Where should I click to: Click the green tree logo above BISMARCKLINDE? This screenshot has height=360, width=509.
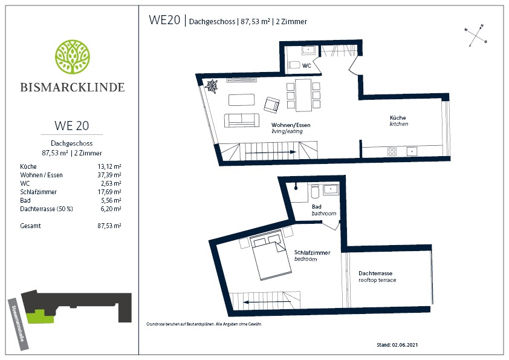[73, 57]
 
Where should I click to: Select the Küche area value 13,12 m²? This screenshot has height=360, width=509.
[109, 166]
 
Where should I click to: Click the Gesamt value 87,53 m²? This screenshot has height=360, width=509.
[109, 226]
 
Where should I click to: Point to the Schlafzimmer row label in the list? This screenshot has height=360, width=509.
[38, 192]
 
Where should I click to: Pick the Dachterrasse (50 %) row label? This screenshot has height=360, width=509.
[47, 209]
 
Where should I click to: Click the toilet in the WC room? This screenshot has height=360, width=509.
[294, 65]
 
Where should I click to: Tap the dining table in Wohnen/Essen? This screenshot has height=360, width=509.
[303, 95]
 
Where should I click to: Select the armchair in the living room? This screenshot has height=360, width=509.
[271, 105]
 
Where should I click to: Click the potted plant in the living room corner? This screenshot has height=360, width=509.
[212, 87]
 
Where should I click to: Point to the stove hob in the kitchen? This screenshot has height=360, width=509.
[392, 152]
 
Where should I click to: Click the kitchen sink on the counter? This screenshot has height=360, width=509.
[412, 151]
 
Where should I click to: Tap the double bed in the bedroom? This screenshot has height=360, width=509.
[270, 255]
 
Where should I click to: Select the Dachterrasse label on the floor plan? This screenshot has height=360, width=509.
[375, 273]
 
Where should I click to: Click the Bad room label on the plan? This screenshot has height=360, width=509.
[317, 207]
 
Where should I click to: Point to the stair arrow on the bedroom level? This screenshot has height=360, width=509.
[262, 302]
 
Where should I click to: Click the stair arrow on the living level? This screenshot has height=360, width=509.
[271, 152]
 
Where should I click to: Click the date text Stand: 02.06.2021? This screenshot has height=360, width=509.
[397, 345]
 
